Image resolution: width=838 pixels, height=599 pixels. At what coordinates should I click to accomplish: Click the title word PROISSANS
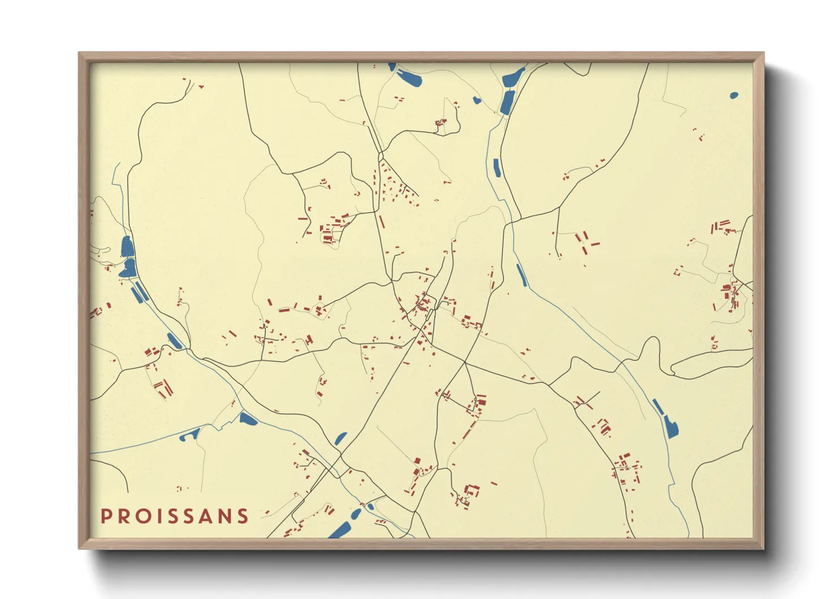coord(174,516)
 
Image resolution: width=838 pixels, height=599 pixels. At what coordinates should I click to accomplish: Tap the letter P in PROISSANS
coord(105,516)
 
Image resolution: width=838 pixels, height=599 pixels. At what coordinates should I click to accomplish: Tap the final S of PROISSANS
coord(243,516)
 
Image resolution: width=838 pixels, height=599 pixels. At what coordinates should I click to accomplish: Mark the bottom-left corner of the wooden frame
coord(79,548)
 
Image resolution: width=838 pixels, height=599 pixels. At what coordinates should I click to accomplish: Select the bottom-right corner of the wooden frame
coord(763,548)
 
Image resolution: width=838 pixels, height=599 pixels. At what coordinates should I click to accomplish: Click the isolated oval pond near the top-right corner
coord(734,95)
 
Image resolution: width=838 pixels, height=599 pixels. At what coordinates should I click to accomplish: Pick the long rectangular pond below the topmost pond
coord(507,102)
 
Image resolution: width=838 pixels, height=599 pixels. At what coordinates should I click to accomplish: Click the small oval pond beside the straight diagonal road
coord(341,438)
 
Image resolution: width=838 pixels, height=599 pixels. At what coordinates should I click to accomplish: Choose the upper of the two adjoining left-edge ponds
coord(127,247)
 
